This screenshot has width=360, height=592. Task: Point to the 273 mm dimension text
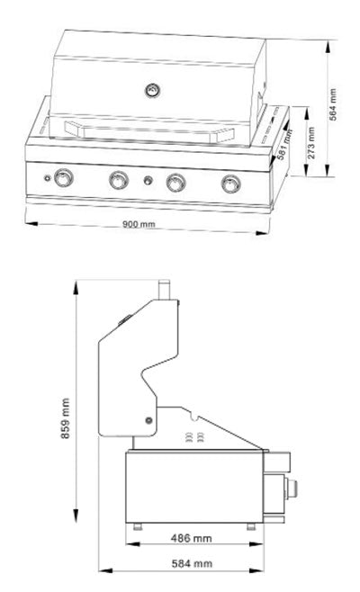[310, 143]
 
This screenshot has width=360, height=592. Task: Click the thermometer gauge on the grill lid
[153, 90]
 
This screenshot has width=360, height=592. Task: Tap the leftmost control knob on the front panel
[63, 179]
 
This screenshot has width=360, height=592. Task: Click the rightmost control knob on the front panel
[231, 185]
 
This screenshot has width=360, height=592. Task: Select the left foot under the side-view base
[137, 525]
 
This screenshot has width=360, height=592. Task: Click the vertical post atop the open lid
[165, 289]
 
